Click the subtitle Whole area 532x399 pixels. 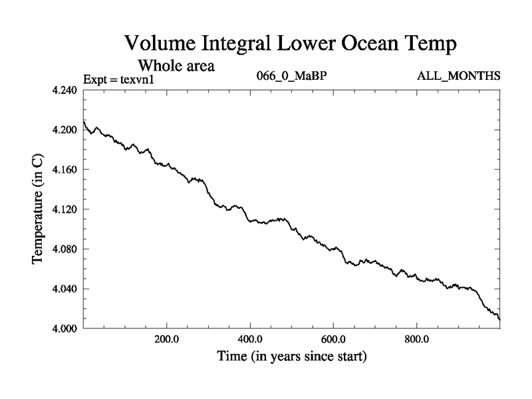(x=176, y=66)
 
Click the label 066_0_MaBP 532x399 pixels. (x=291, y=76)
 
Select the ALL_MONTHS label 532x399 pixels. (x=458, y=76)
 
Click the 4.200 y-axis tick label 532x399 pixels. (x=65, y=130)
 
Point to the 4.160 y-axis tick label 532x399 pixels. (x=65, y=170)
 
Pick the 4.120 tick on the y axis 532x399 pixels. (x=65, y=209)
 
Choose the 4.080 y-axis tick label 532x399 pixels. (x=65, y=249)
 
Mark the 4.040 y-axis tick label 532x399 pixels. (x=65, y=289)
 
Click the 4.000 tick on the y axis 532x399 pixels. (x=65, y=329)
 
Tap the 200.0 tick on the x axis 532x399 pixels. (x=166, y=339)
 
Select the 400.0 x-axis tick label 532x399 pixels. (x=250, y=339)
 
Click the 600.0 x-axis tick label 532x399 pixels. (x=333, y=339)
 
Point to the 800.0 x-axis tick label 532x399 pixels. (x=417, y=339)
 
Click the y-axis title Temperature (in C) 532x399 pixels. (x=39, y=209)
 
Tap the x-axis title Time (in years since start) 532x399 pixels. (x=291, y=356)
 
